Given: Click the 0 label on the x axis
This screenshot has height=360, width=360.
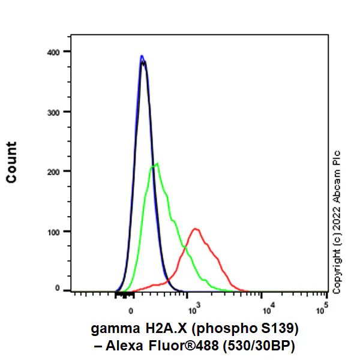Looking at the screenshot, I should [x=131, y=312].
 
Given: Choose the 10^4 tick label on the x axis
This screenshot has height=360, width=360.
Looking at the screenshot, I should [x=269, y=310].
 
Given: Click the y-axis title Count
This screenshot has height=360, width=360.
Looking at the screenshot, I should [x=11, y=163].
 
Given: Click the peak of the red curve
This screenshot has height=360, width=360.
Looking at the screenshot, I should [x=195, y=229].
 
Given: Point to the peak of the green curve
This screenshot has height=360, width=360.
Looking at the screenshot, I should [x=157, y=163].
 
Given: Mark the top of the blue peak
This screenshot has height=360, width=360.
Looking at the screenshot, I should [x=142, y=56].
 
